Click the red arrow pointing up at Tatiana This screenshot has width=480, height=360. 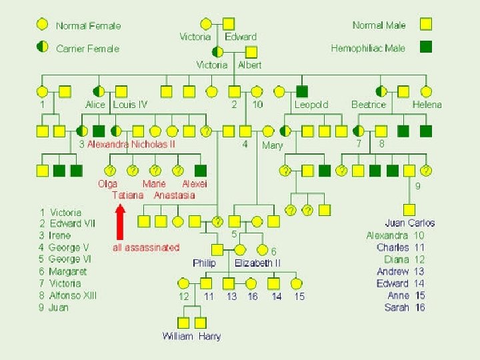pyautogui.click(x=121, y=221)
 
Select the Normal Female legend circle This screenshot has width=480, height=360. pyautogui.click(x=42, y=25)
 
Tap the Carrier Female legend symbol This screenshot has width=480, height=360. pyautogui.click(x=42, y=47)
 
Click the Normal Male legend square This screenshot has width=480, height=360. pyautogui.click(x=426, y=25)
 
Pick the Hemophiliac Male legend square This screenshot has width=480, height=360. pyautogui.click(x=426, y=47)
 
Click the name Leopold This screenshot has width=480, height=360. pyautogui.click(x=311, y=105)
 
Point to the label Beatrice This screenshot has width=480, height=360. pyautogui.click(x=368, y=105)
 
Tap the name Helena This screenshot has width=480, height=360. pyautogui.click(x=427, y=105)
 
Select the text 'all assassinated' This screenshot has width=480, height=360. pyautogui.click(x=146, y=247)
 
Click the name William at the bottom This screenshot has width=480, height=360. pyautogui.click(x=177, y=336)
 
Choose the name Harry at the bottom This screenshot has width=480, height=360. pyautogui.click(x=209, y=336)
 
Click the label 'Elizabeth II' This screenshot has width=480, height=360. pyautogui.click(x=257, y=263)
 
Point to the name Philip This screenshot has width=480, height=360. pyautogui.click(x=204, y=263)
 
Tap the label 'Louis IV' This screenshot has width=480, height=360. pyautogui.click(x=130, y=105)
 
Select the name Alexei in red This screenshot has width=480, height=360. pyautogui.click(x=195, y=183)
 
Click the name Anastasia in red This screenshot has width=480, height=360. pyautogui.click(x=174, y=195)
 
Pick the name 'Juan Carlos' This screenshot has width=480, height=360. pyautogui.click(x=409, y=223)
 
